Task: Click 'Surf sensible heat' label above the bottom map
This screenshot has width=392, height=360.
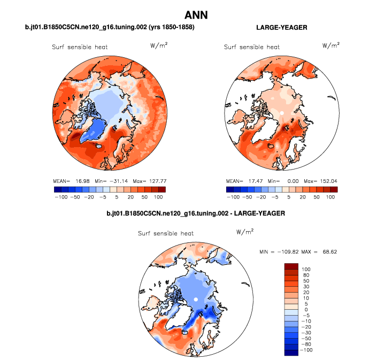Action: pyautogui.click(x=166, y=234)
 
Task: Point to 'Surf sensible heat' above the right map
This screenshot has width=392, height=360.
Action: pyautogui.click(x=251, y=47)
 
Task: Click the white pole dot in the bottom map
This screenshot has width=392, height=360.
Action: pyautogui.click(x=196, y=299)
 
